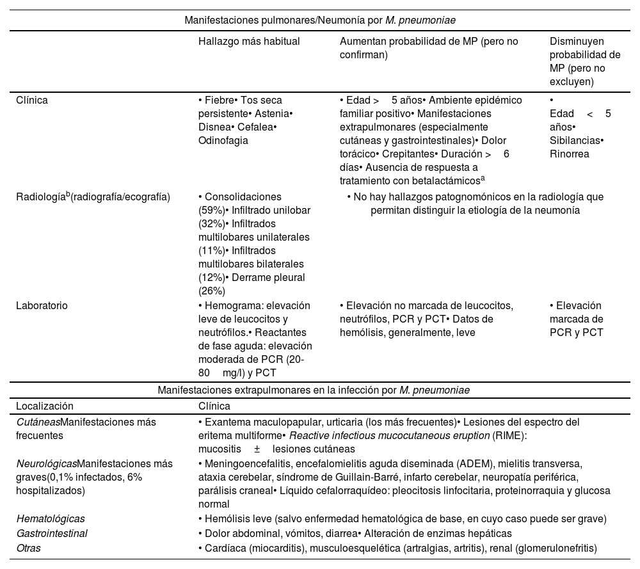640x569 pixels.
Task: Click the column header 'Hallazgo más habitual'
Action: tap(249, 41)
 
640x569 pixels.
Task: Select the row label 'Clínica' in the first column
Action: tap(32, 100)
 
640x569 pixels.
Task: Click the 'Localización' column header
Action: tap(45, 406)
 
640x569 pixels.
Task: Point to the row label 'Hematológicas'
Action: tap(50, 518)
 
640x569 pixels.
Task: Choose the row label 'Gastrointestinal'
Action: tap(51, 533)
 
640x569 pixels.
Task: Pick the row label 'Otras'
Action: tap(28, 548)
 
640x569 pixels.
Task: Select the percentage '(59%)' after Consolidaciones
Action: tap(211, 211)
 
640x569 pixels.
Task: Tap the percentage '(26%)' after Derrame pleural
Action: tap(211, 291)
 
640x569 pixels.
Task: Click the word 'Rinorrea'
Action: tap(569, 154)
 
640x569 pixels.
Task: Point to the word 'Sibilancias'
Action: tap(575, 140)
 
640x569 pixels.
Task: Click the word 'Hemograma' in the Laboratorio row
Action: tap(228, 305)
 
